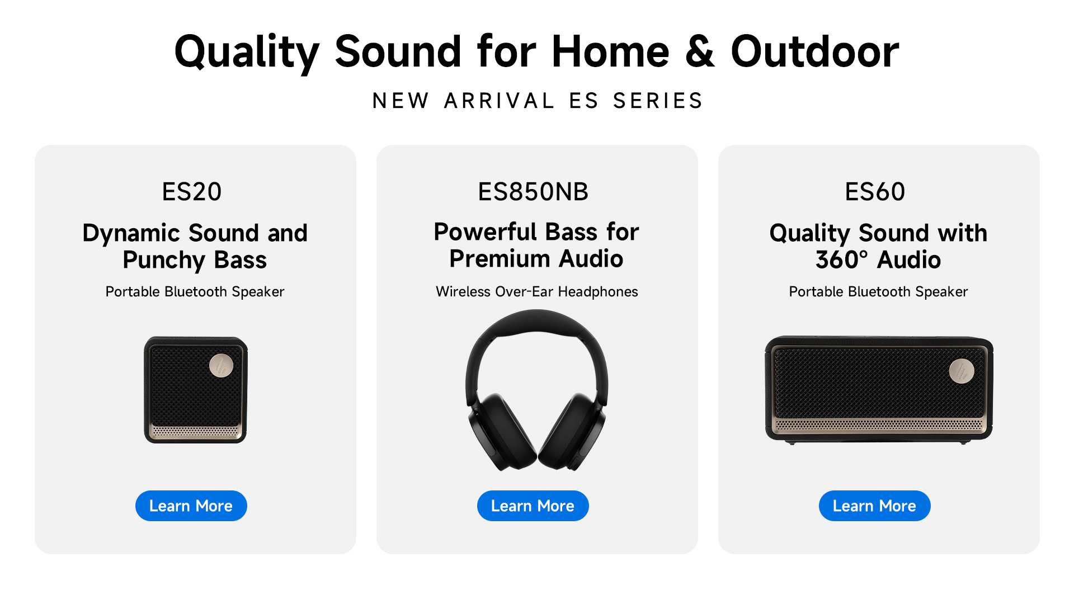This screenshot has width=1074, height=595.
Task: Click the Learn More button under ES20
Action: (x=191, y=506)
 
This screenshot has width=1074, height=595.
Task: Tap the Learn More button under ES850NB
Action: (x=533, y=506)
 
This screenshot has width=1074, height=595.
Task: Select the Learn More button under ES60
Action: (x=875, y=506)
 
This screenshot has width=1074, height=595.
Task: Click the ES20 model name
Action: (x=192, y=192)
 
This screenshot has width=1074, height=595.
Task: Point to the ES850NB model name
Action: (x=533, y=192)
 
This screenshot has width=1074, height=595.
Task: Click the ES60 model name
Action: (x=875, y=192)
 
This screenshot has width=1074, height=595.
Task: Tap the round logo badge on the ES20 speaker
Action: (x=222, y=366)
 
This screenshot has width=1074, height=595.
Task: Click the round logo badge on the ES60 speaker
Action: (x=962, y=371)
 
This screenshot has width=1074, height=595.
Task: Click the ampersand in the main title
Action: (x=700, y=51)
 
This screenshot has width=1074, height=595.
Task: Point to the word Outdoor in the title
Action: (x=815, y=51)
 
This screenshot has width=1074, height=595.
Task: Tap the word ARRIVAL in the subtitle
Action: (x=499, y=101)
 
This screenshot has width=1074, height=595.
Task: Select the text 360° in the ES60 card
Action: (x=842, y=260)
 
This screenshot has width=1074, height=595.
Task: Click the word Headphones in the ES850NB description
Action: (x=598, y=291)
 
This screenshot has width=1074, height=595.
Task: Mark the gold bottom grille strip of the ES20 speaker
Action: (x=195, y=431)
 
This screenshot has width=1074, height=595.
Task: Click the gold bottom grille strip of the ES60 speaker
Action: (x=879, y=425)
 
